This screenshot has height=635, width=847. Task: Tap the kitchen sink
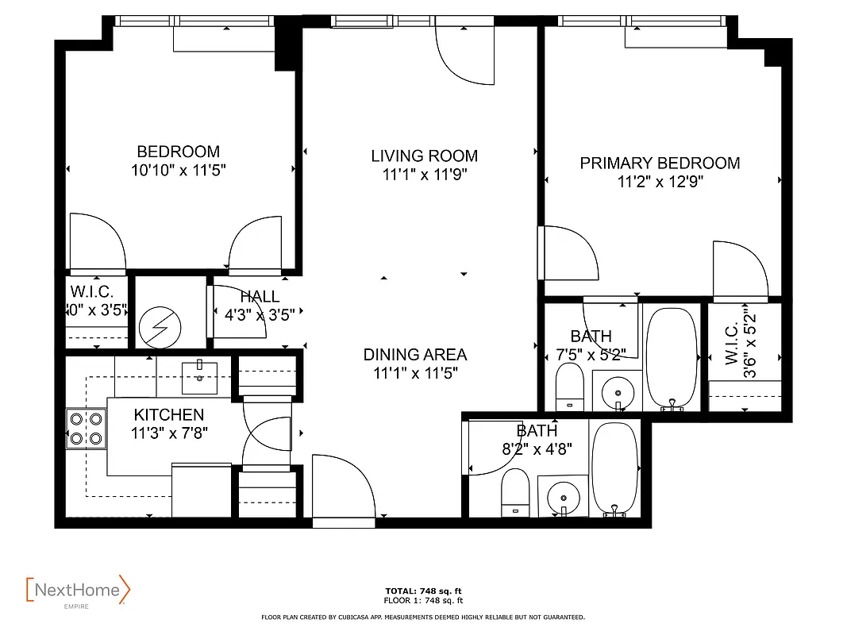[x=198, y=376]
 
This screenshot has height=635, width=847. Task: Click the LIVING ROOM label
[x=424, y=156]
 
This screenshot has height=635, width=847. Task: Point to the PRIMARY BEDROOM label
[x=660, y=163]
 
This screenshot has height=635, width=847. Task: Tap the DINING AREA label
[x=415, y=355]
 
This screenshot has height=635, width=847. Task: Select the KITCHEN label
[x=168, y=414]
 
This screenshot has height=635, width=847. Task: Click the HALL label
[x=259, y=297]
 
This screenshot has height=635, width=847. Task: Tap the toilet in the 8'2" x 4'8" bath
[x=515, y=492]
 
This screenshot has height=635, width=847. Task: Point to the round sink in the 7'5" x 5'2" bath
[x=618, y=391]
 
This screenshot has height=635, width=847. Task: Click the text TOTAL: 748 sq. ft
[x=423, y=591]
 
